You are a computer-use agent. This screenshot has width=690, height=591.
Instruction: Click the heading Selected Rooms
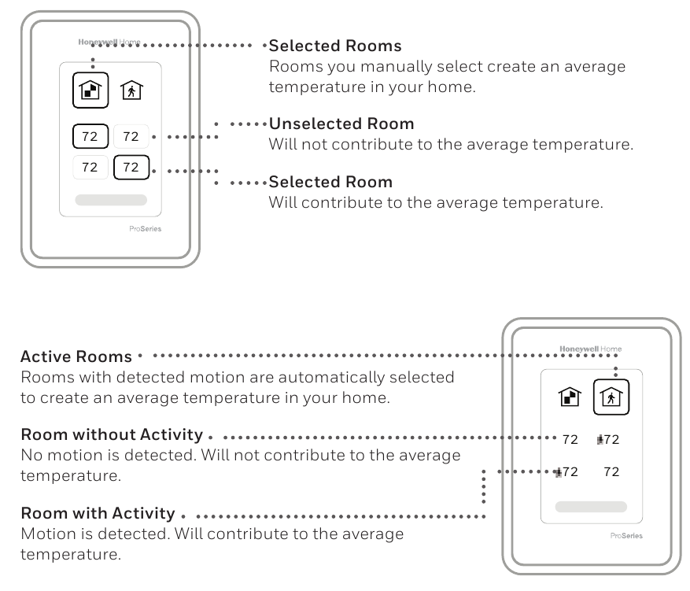[x=335, y=46]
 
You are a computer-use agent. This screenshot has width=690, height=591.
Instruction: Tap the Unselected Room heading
[x=341, y=124]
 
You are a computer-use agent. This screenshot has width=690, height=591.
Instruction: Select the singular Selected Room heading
[x=330, y=183]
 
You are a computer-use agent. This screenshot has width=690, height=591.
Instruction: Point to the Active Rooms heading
[x=76, y=357]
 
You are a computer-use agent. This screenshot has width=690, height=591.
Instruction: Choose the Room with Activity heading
[x=98, y=514]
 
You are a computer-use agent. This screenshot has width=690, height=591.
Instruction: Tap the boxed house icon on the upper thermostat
[x=91, y=89]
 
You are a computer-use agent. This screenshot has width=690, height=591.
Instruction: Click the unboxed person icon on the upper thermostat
[x=131, y=90]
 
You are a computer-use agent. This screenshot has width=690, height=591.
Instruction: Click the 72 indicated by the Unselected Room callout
[x=131, y=137]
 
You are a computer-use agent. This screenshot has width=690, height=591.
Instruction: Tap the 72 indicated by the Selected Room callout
[x=131, y=167]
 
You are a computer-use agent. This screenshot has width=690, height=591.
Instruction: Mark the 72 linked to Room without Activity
[x=570, y=440]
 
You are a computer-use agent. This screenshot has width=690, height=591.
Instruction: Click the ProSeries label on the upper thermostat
[x=145, y=229]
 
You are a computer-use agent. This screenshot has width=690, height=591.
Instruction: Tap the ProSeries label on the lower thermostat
[x=626, y=536]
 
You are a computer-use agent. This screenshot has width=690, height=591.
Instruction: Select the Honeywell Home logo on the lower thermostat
[x=590, y=349]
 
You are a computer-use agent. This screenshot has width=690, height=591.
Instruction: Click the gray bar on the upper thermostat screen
[x=110, y=200]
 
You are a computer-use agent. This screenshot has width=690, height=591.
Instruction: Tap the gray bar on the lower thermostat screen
[x=591, y=507]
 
